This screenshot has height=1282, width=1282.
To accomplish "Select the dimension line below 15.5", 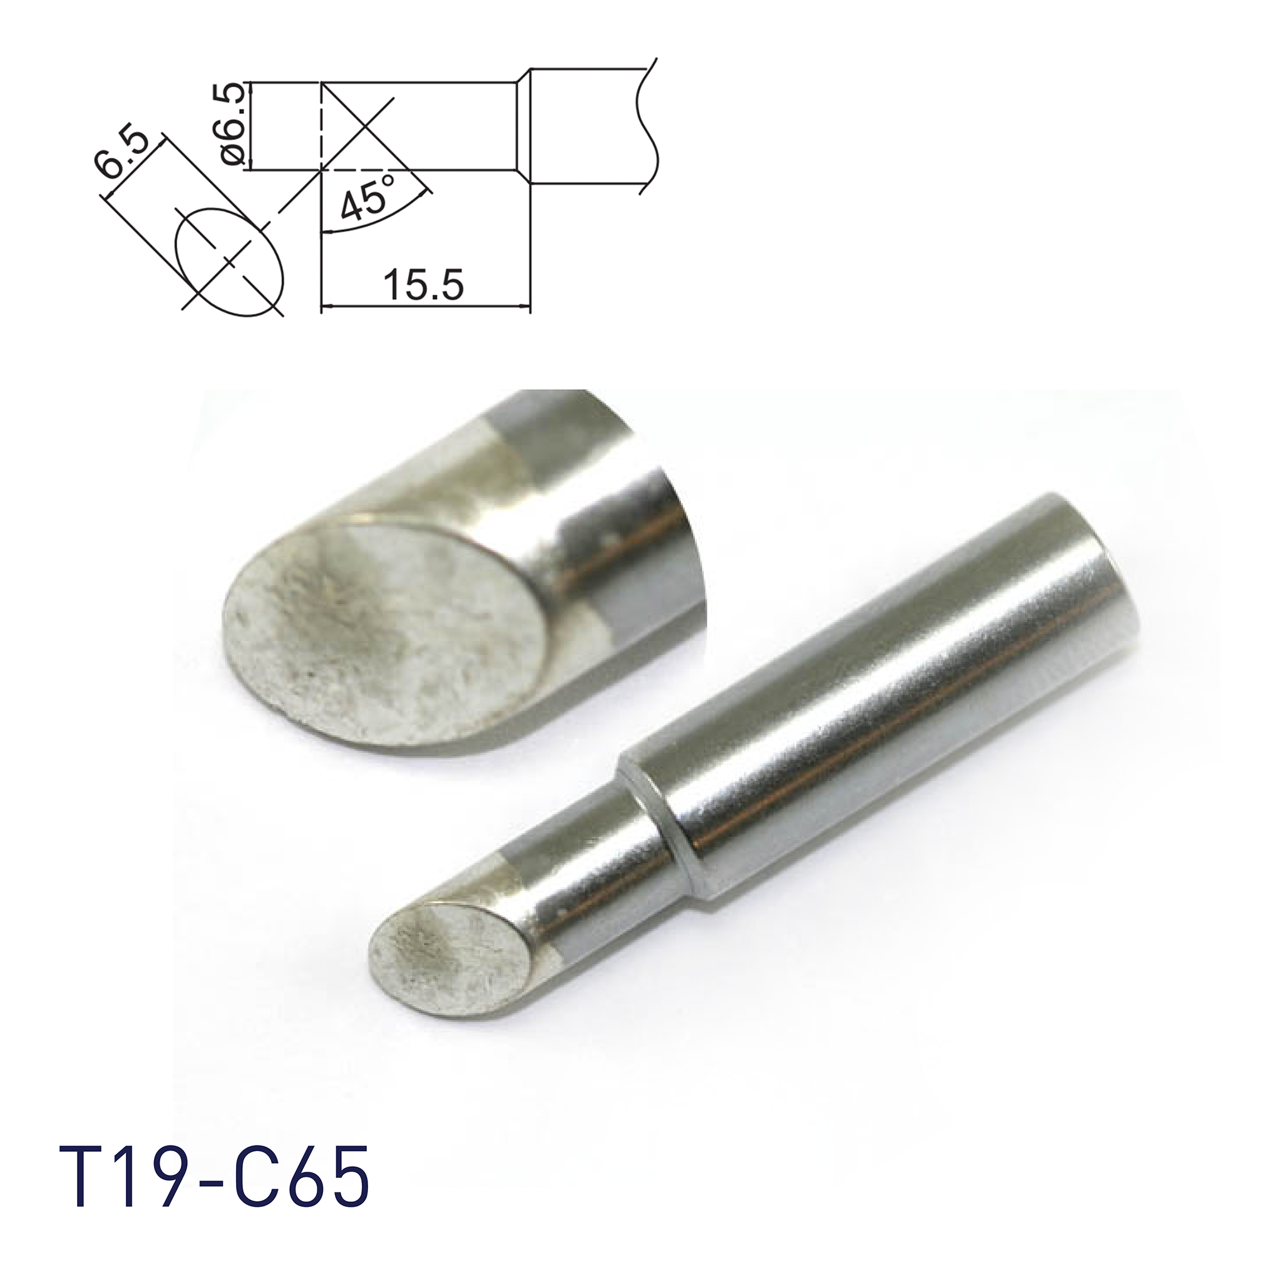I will click(424, 307).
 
